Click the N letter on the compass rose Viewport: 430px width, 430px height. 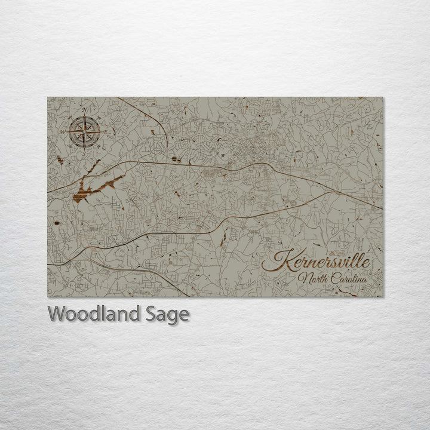click(84, 109)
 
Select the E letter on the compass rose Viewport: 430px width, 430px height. click(105, 131)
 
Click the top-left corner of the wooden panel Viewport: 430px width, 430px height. click(48, 97)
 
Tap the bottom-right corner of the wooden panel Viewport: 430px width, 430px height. click(383, 296)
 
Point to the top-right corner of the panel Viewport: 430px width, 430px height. click(383, 97)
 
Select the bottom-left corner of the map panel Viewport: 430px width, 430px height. click(48, 296)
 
